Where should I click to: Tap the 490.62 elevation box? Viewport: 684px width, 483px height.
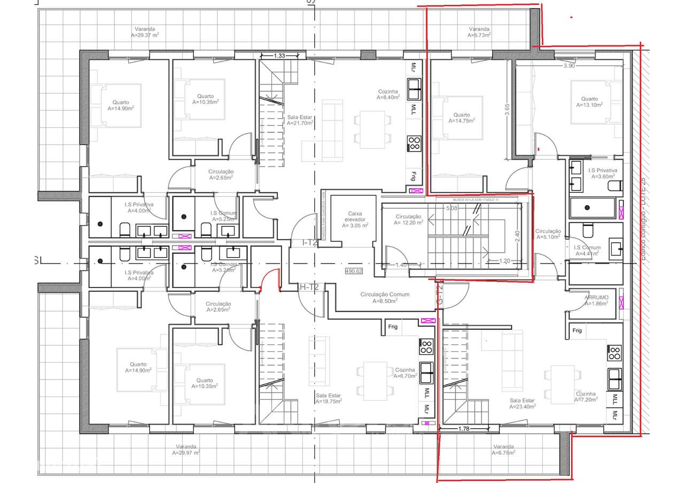tap(354, 271)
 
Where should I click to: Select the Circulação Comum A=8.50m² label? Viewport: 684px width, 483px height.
tap(385, 298)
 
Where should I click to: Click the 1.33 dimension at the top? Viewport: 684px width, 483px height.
tap(278, 56)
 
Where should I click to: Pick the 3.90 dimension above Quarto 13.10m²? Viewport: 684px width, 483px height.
tap(569, 66)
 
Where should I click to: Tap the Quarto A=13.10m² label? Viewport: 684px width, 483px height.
tap(589, 102)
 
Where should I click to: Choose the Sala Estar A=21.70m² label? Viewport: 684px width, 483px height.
tap(299, 120)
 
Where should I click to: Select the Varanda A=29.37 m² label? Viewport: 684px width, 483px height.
tap(145, 31)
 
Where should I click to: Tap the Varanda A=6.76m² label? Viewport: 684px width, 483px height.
tap(503, 449)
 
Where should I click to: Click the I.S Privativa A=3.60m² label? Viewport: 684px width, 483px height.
tap(603, 173)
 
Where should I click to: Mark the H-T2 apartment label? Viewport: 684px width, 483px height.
tap(308, 287)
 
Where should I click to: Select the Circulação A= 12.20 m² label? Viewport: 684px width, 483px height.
tap(409, 219)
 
